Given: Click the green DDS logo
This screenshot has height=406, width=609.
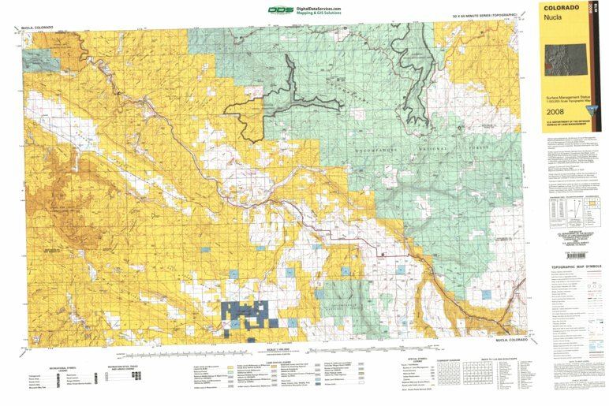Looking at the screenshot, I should (279, 9).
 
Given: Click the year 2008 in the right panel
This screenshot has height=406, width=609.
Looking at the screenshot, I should (555, 111).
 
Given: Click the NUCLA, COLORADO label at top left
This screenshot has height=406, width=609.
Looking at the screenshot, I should (37, 28).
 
